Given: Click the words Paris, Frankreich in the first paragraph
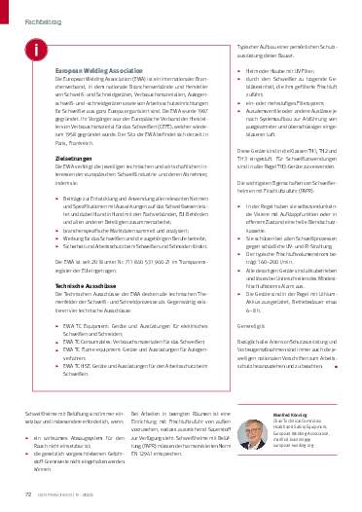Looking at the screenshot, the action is [x=77, y=140].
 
